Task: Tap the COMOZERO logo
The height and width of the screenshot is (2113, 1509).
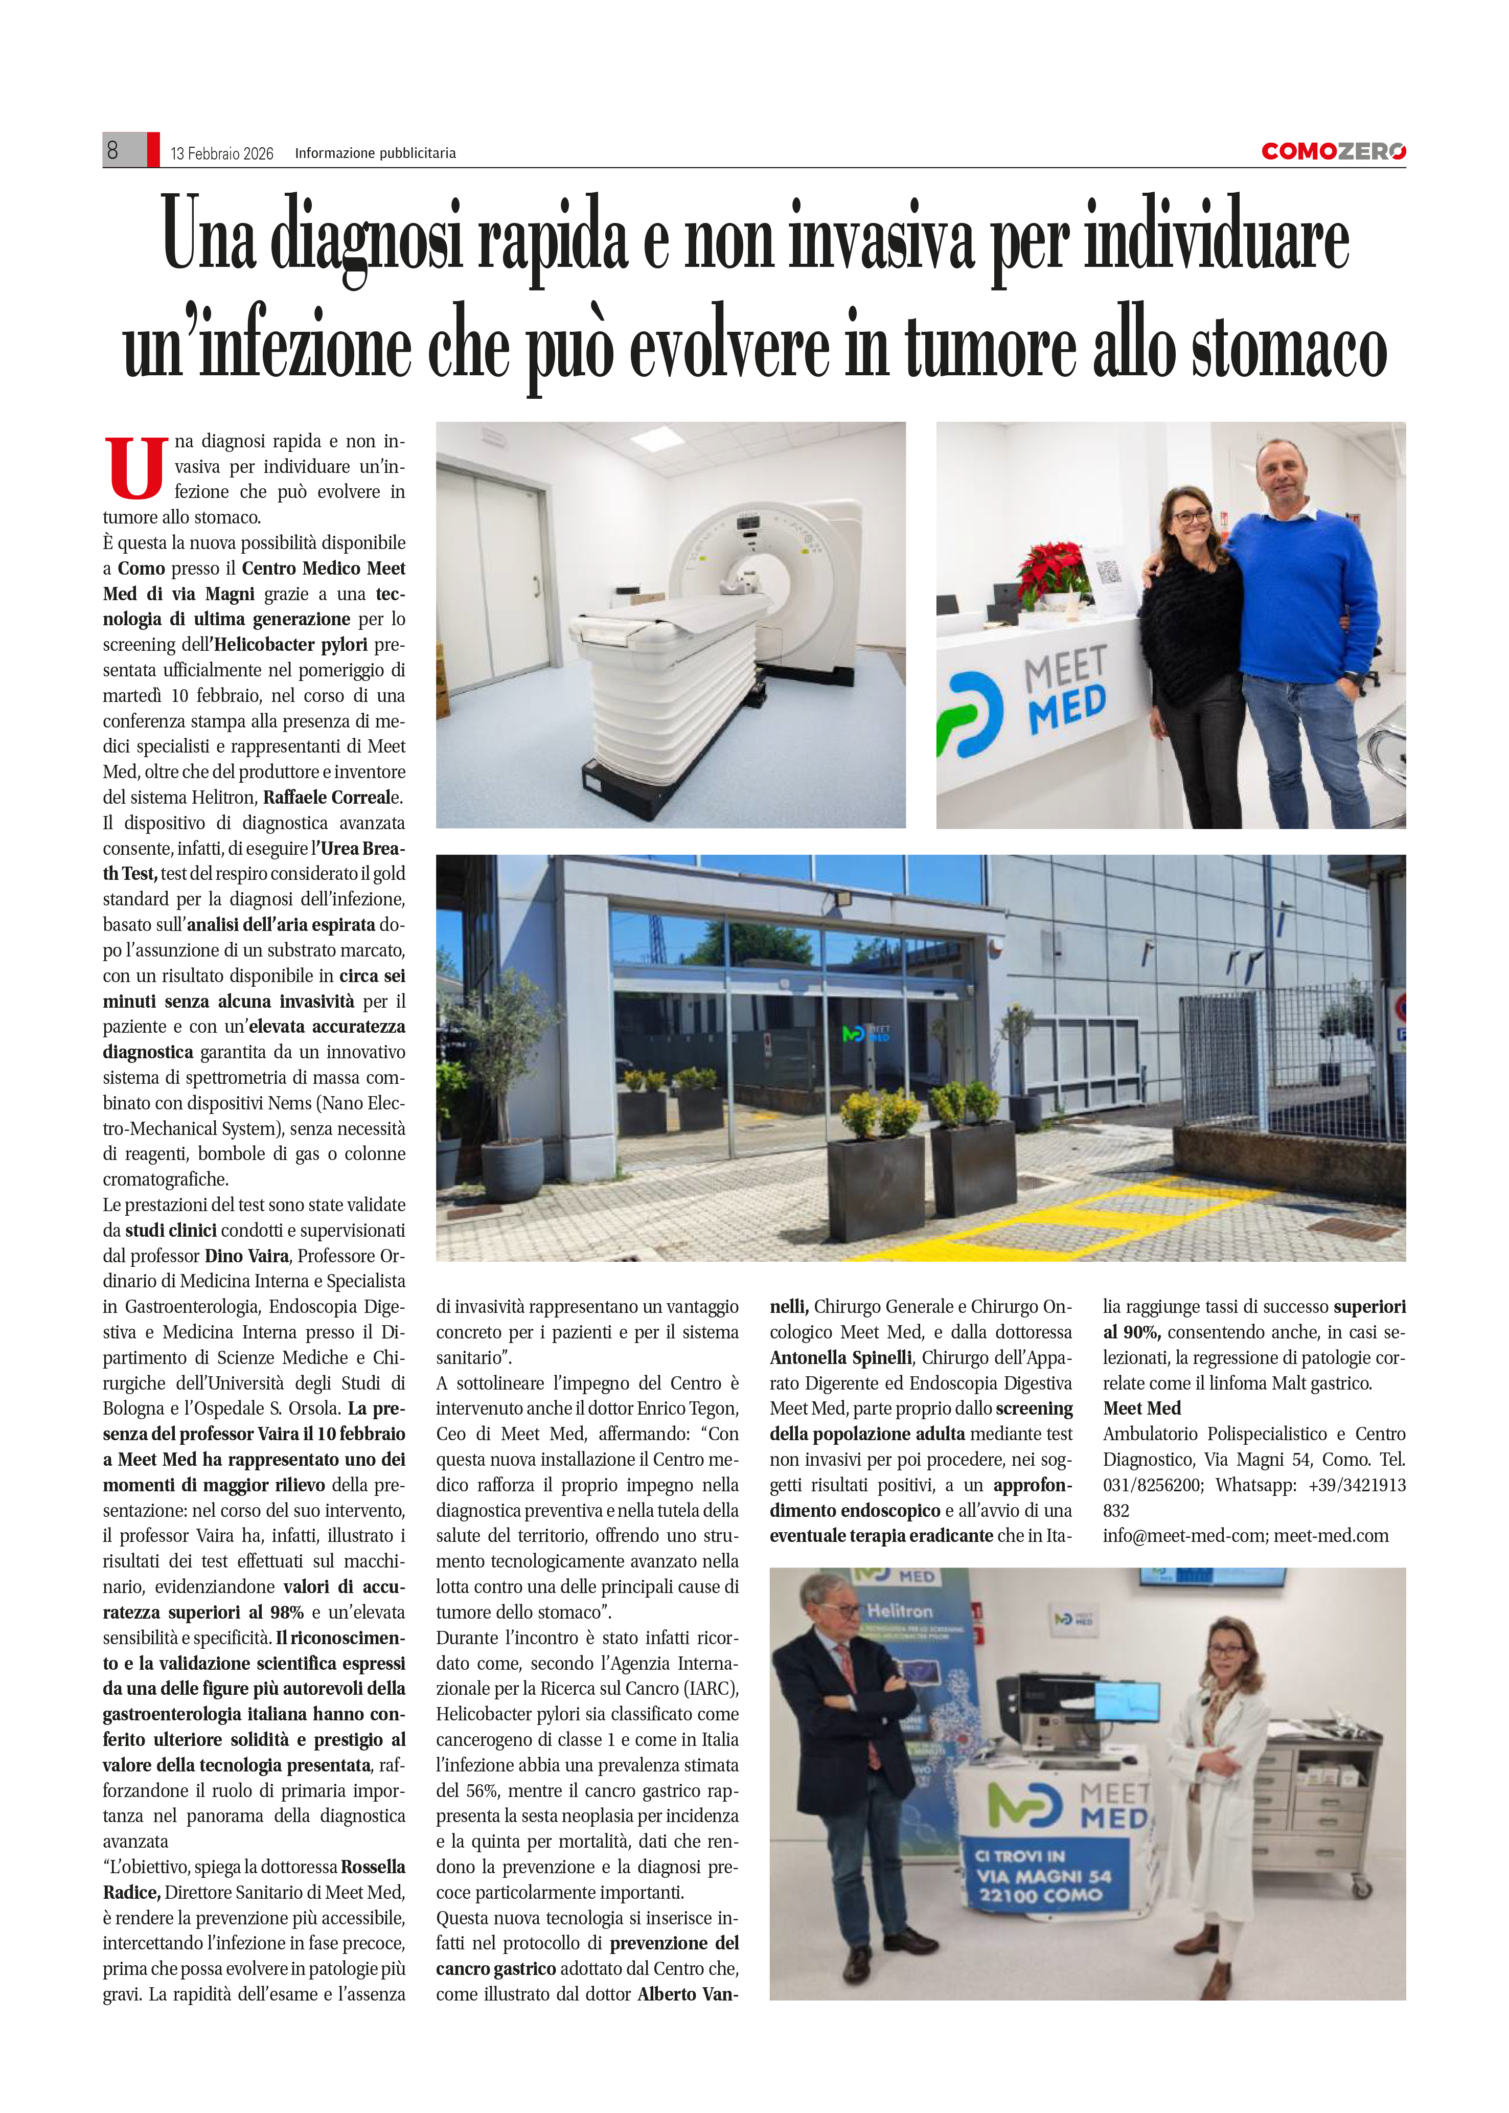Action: [x=1333, y=151]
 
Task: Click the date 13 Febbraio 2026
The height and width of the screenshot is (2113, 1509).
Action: [x=222, y=153]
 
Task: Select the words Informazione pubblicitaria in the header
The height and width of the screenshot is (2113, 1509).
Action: [x=375, y=153]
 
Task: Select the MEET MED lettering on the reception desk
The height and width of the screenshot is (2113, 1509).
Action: [x=1066, y=688]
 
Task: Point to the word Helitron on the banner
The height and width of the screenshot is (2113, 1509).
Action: [x=900, y=1610]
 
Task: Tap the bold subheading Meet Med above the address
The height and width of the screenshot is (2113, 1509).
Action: [x=1141, y=1408]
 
